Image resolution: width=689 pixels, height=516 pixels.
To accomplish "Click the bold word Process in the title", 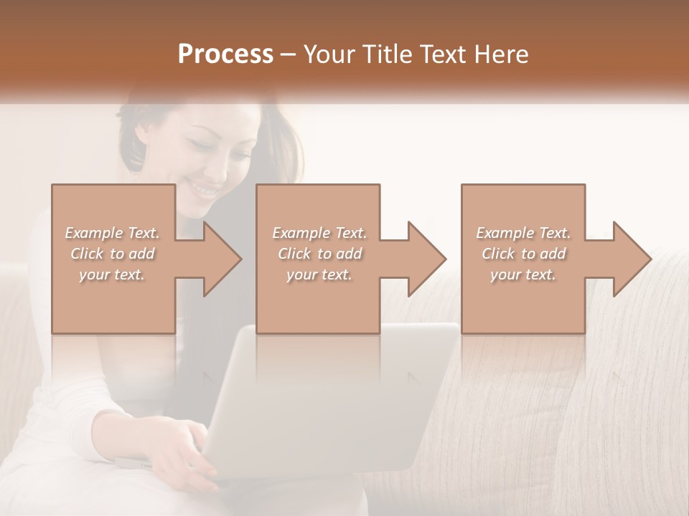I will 225,54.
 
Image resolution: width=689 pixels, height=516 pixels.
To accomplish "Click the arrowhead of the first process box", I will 222,259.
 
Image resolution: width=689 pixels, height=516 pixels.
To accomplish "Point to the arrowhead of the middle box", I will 427,259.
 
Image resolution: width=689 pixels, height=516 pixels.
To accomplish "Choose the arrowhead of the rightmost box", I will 632,259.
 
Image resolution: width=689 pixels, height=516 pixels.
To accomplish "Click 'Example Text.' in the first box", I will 112,233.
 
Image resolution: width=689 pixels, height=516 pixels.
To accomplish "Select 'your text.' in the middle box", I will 319,274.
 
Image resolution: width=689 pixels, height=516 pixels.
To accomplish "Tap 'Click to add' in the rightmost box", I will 523,254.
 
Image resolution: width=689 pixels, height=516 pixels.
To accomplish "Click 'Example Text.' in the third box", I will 523,233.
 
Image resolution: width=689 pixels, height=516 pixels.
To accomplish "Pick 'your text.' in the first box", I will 112,274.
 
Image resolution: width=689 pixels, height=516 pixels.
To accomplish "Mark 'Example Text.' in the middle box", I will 319,233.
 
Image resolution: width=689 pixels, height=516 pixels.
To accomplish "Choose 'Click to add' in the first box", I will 112,254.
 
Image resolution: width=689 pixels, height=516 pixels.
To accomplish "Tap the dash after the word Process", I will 289,55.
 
